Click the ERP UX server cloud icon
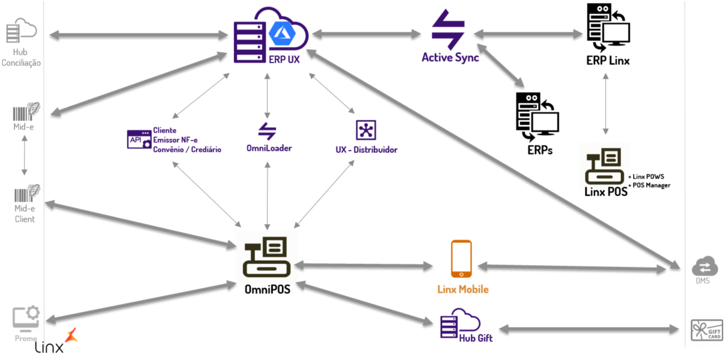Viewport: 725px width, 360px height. pos(270,34)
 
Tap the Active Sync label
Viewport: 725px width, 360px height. pos(450,58)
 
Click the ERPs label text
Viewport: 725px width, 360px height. pos(539,150)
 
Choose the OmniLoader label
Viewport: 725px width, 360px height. pos(269,148)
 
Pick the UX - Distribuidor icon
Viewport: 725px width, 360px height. pos(366,130)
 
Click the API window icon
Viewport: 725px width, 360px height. pos(138,139)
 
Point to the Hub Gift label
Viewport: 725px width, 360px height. pos(476,338)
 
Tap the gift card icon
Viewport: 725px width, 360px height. pos(706,331)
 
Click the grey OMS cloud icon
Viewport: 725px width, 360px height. pos(702,266)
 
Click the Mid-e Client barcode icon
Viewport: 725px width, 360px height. pos(26,194)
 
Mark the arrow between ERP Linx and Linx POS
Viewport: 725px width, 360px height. pos(605,106)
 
